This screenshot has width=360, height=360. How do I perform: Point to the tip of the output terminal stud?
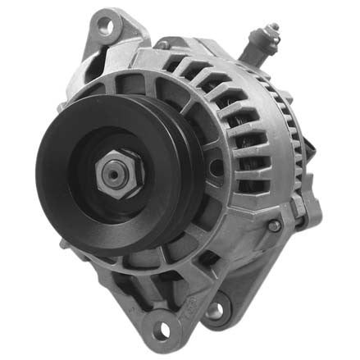pyautogui.click(x=275, y=29)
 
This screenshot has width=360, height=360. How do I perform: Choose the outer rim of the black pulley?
pyautogui.click(x=45, y=176)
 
